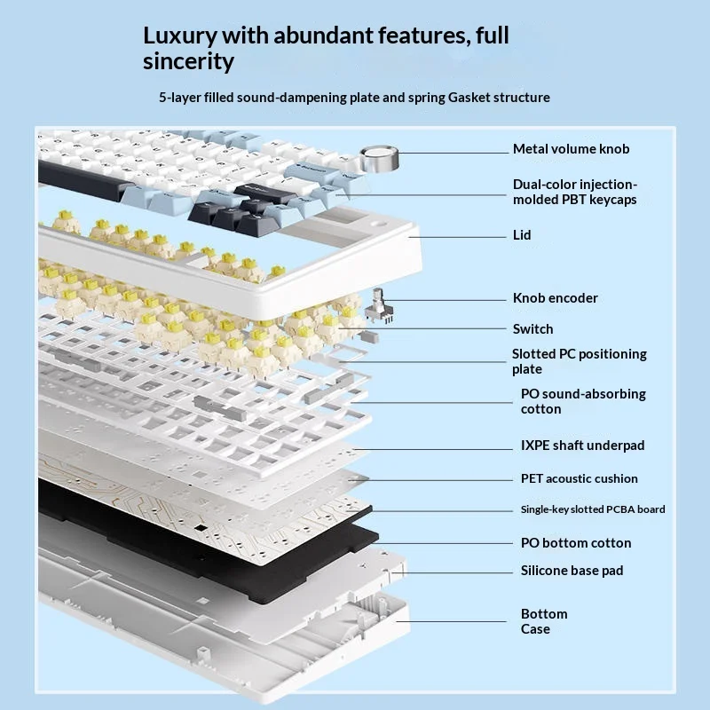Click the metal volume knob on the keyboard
(380, 159)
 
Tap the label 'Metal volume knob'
(571, 149)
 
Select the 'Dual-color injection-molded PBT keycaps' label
(575, 192)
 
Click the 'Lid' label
(522, 235)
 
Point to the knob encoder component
(379, 306)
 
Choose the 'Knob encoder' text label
(556, 298)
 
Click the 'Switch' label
(532, 328)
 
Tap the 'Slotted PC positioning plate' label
(580, 361)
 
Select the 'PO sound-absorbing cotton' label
(583, 401)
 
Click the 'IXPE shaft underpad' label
(582, 446)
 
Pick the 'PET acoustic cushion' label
(580, 478)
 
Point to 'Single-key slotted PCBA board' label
(593, 509)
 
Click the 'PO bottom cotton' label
(575, 543)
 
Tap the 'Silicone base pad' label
(572, 571)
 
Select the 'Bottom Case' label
(544, 621)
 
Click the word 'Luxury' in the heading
(180, 36)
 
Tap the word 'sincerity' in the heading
(188, 61)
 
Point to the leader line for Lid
(457, 237)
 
